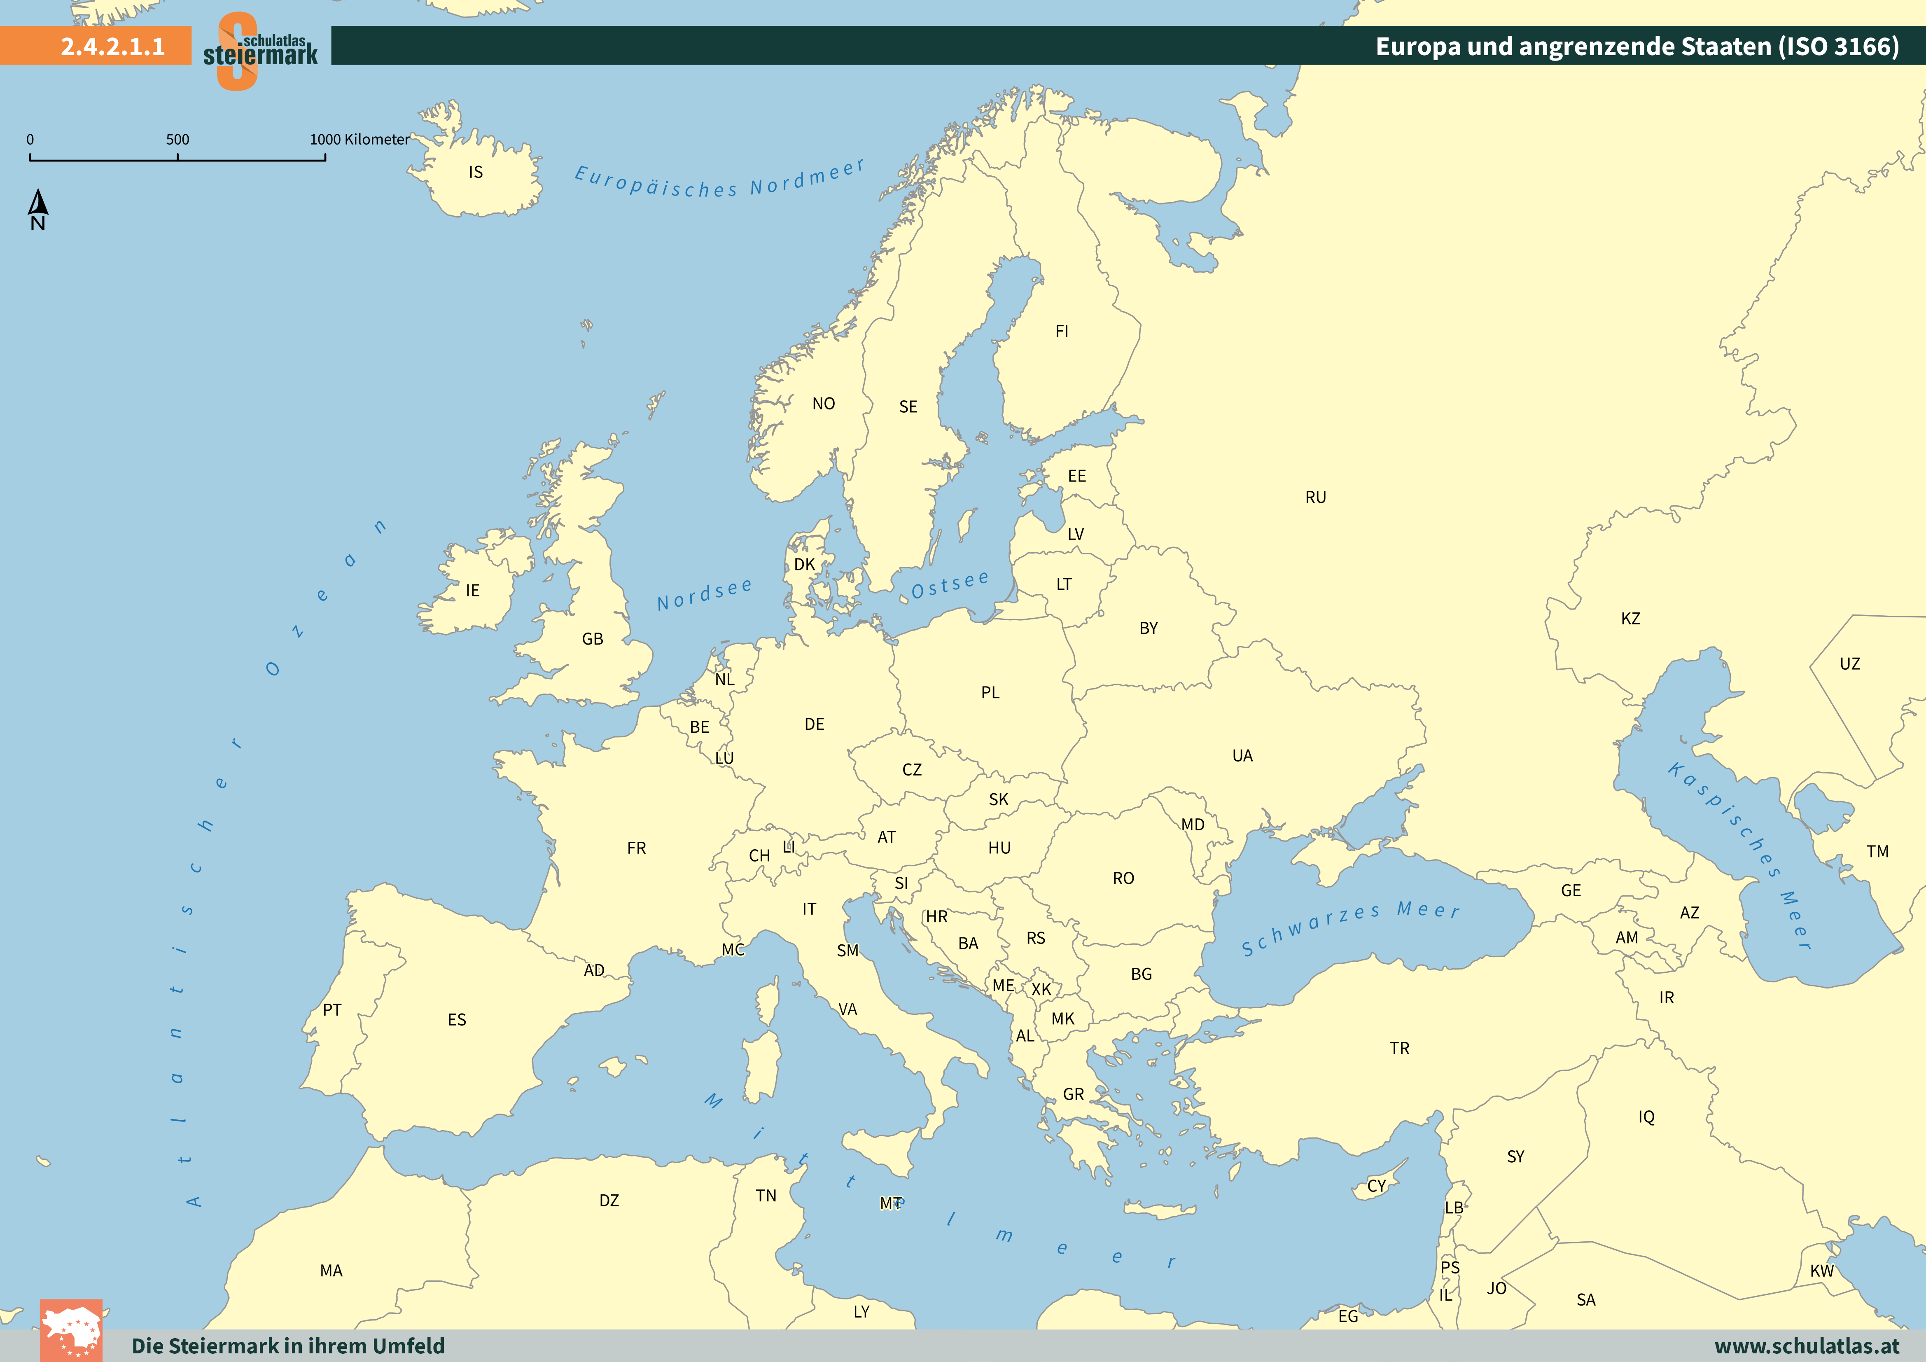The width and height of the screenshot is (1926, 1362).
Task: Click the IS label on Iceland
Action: [x=476, y=172]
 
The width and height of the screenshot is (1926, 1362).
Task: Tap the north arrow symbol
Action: [x=38, y=203]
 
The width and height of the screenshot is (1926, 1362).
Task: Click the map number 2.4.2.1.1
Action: [x=112, y=46]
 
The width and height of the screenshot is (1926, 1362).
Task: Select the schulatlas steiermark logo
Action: [x=260, y=50]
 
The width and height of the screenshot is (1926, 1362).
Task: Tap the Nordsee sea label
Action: [x=705, y=594]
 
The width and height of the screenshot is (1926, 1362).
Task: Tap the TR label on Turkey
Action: [x=1399, y=1048]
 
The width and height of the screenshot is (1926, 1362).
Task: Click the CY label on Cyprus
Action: [x=1377, y=1186]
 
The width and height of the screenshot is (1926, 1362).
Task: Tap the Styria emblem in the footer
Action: [x=71, y=1330]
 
